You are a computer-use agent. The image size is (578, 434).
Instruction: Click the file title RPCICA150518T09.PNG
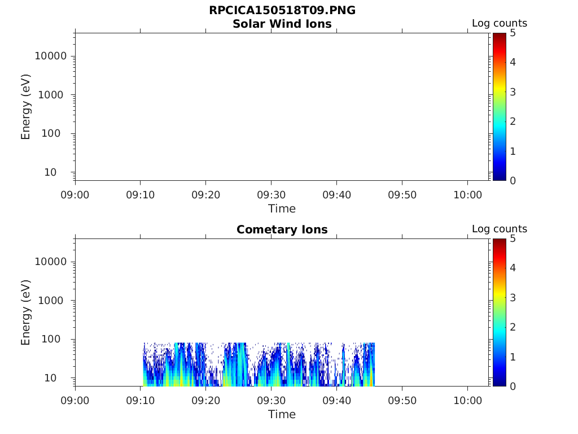[x=282, y=11]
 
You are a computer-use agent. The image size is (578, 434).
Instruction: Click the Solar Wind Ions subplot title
[x=282, y=24]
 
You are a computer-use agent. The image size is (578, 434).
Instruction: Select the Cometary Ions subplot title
[x=282, y=229]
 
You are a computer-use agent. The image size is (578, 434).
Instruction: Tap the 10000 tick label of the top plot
[x=51, y=57]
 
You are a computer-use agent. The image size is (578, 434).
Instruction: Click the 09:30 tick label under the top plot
[x=272, y=195]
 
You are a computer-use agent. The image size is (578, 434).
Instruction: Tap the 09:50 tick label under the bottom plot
[x=402, y=401]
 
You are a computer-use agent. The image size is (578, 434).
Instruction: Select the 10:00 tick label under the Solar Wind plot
[x=467, y=195]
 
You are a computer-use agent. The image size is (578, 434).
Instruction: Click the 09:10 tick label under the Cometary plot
[x=141, y=401]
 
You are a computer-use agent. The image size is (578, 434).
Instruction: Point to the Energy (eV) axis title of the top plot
[x=26, y=106]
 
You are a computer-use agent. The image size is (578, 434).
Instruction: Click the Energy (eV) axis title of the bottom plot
[x=26, y=312]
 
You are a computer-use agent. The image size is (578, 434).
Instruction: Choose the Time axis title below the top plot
[x=282, y=209]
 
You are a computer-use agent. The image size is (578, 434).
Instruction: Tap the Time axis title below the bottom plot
[x=282, y=414]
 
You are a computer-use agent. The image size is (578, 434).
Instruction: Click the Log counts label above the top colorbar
[x=499, y=24]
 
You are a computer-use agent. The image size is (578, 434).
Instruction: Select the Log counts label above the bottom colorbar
[x=499, y=229]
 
